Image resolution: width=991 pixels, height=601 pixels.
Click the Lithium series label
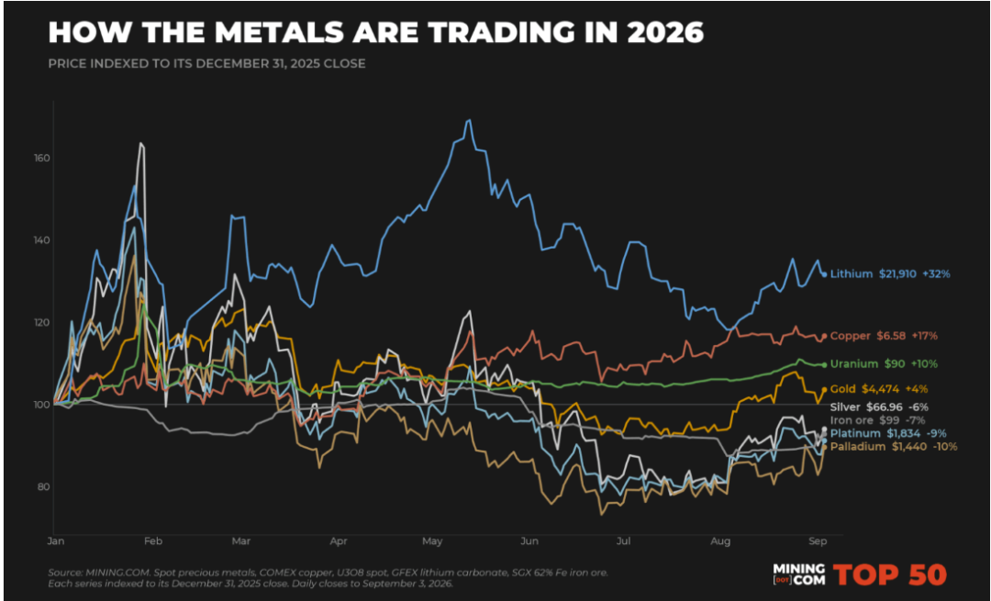click(x=851, y=273)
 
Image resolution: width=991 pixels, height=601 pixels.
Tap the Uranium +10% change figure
click(x=924, y=364)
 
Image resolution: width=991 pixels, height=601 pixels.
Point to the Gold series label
click(x=842, y=389)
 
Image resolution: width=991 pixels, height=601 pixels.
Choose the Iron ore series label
click(x=852, y=420)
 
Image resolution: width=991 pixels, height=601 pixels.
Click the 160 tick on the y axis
click(x=41, y=158)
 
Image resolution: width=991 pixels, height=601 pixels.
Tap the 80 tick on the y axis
click(x=43, y=486)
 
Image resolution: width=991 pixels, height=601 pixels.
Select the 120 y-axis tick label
click(x=41, y=322)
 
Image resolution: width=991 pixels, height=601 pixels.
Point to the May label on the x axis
click(x=432, y=541)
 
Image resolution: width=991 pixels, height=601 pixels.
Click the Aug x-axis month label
click(x=720, y=541)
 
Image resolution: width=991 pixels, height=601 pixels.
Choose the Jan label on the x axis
click(x=56, y=541)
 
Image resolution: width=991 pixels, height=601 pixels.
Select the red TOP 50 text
click(x=889, y=574)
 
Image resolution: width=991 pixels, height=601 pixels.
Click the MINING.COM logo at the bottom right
click(x=799, y=574)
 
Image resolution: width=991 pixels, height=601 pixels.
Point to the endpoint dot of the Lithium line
click(x=824, y=274)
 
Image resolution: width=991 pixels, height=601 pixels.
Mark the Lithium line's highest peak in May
click(x=468, y=119)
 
